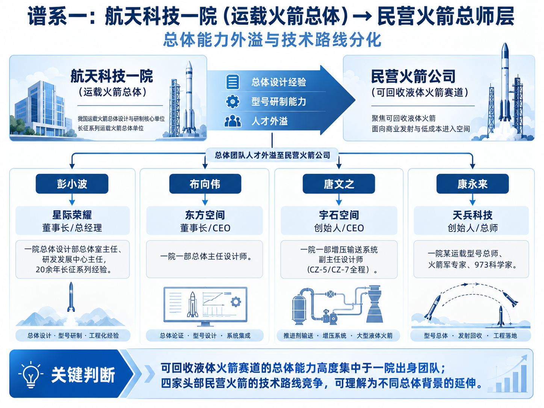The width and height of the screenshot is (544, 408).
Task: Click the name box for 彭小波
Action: pyautogui.click(x=72, y=184)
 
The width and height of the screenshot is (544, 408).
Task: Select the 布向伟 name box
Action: pyautogui.click(x=205, y=184)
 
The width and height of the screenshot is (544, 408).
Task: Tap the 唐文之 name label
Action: pyautogui.click(x=338, y=184)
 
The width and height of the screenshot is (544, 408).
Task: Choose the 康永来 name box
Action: pyautogui.click(x=472, y=184)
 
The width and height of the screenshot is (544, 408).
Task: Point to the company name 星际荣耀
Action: pyautogui.click(x=72, y=215)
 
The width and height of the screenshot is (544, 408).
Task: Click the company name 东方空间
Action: pyautogui.click(x=205, y=215)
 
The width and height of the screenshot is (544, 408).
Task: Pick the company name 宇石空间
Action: pyautogui.click(x=339, y=215)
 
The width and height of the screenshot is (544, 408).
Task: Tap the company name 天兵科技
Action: pyautogui.click(x=472, y=215)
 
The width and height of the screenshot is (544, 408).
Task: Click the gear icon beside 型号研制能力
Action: pyautogui.click(x=233, y=101)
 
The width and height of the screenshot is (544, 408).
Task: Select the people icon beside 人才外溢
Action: pyautogui.click(x=233, y=121)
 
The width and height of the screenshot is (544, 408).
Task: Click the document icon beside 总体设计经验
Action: pyautogui.click(x=233, y=82)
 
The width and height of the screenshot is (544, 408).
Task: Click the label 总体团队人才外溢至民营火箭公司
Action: pyautogui.click(x=272, y=155)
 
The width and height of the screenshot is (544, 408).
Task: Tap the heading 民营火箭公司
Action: pyautogui.click(x=413, y=76)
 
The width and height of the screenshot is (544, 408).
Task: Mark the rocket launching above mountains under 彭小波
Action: pyautogui.click(x=71, y=297)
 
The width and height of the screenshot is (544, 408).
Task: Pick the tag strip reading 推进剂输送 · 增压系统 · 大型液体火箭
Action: pyautogui.click(x=338, y=335)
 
